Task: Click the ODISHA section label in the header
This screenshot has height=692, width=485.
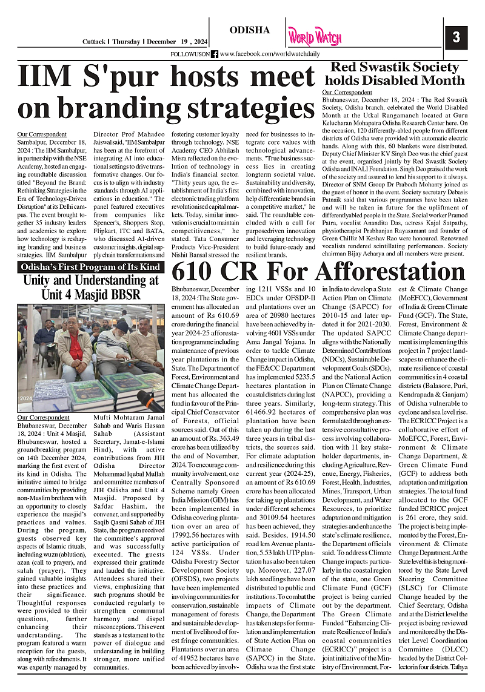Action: [250, 30]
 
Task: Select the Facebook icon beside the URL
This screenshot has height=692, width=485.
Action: [215, 54]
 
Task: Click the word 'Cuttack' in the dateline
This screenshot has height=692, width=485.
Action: [95, 42]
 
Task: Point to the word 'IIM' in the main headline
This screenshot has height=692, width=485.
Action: [47, 77]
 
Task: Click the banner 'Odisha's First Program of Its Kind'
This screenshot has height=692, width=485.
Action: [90, 267]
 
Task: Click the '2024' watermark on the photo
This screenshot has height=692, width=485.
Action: [25, 398]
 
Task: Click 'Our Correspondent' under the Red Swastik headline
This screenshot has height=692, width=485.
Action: [347, 92]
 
